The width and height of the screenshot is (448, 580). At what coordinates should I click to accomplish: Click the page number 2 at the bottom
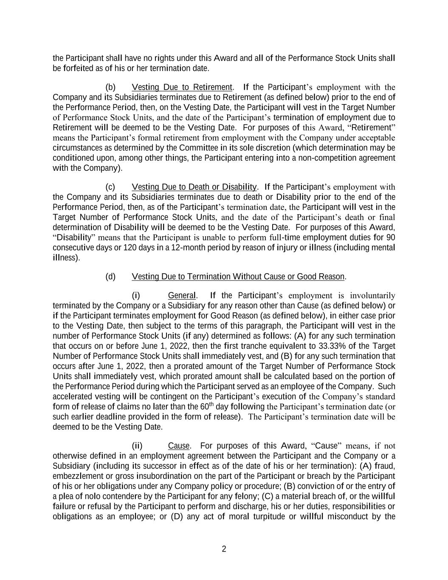click(224, 549)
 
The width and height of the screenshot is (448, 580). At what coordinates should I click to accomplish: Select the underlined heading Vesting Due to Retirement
click(182, 88)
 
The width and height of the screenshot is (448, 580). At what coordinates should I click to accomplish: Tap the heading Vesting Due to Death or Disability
click(194, 187)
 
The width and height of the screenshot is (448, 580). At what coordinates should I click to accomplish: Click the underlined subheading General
click(182, 295)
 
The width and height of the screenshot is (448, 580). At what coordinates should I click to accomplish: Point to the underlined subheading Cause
click(179, 446)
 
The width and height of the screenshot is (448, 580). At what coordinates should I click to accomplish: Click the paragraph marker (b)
click(110, 88)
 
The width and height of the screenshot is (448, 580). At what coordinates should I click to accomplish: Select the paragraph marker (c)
click(110, 187)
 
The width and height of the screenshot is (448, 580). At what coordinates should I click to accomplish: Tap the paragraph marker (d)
click(110, 277)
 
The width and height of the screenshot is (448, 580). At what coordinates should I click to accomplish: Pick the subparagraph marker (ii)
click(137, 446)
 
